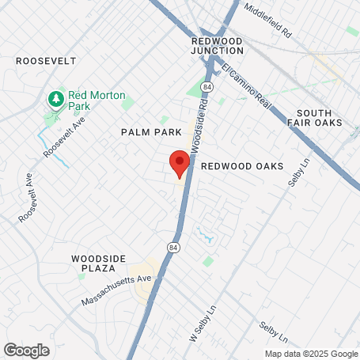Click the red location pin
coord(179,162)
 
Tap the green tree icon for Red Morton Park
coord(55,99)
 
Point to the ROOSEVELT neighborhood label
coord(46,60)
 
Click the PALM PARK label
coord(151,132)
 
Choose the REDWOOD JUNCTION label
coord(218,44)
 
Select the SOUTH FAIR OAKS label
coord(319,118)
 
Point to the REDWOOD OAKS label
coord(237,166)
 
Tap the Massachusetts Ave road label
coord(116,290)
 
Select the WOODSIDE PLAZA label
coord(100,263)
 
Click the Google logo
coord(26,350)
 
